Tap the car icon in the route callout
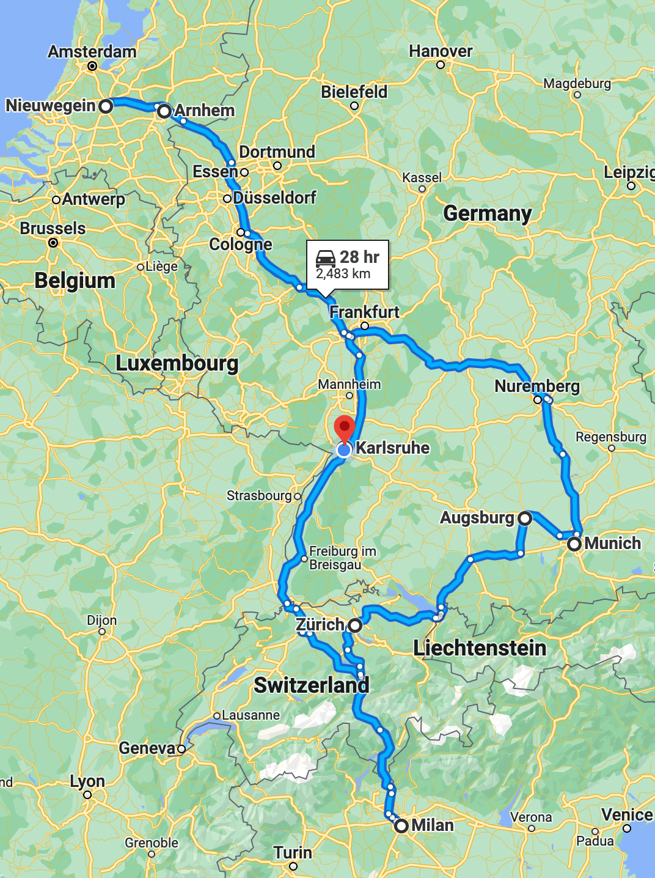click(326, 257)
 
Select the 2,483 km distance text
click(343, 274)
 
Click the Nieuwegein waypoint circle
click(106, 106)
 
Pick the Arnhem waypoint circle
click(164, 111)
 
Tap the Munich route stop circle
click(574, 544)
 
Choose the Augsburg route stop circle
click(524, 518)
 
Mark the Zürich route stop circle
click(355, 625)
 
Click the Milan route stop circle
click(401, 826)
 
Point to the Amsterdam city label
click(92, 51)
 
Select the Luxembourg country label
click(177, 363)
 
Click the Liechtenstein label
click(480, 648)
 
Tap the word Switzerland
click(312, 685)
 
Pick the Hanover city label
click(441, 51)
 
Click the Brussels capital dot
click(53, 243)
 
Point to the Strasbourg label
click(259, 495)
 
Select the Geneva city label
click(147, 748)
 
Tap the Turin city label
click(293, 852)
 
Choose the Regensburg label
click(611, 437)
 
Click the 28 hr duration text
click(359, 257)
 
